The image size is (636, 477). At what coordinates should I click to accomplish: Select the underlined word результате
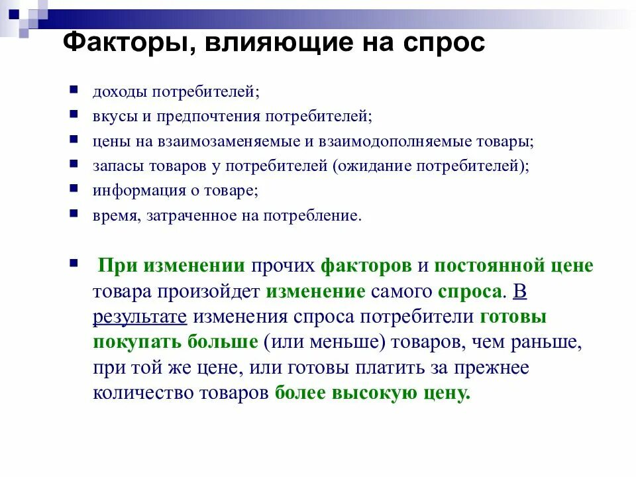pyautogui.click(x=140, y=317)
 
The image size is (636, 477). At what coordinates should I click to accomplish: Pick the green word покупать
pyautogui.click(x=134, y=342)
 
